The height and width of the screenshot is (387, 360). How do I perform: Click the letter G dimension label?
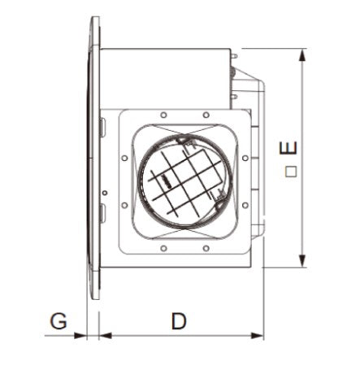point(58,321)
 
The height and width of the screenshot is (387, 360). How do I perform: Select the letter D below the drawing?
point(179,321)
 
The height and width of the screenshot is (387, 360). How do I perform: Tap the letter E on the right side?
point(288,150)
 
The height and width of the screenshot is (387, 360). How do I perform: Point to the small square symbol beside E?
point(290,172)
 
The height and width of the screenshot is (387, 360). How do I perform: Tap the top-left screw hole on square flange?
point(163,115)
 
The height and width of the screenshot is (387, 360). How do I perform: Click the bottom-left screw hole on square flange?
point(163,248)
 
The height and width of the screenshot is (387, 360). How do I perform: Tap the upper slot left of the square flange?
point(102,128)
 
